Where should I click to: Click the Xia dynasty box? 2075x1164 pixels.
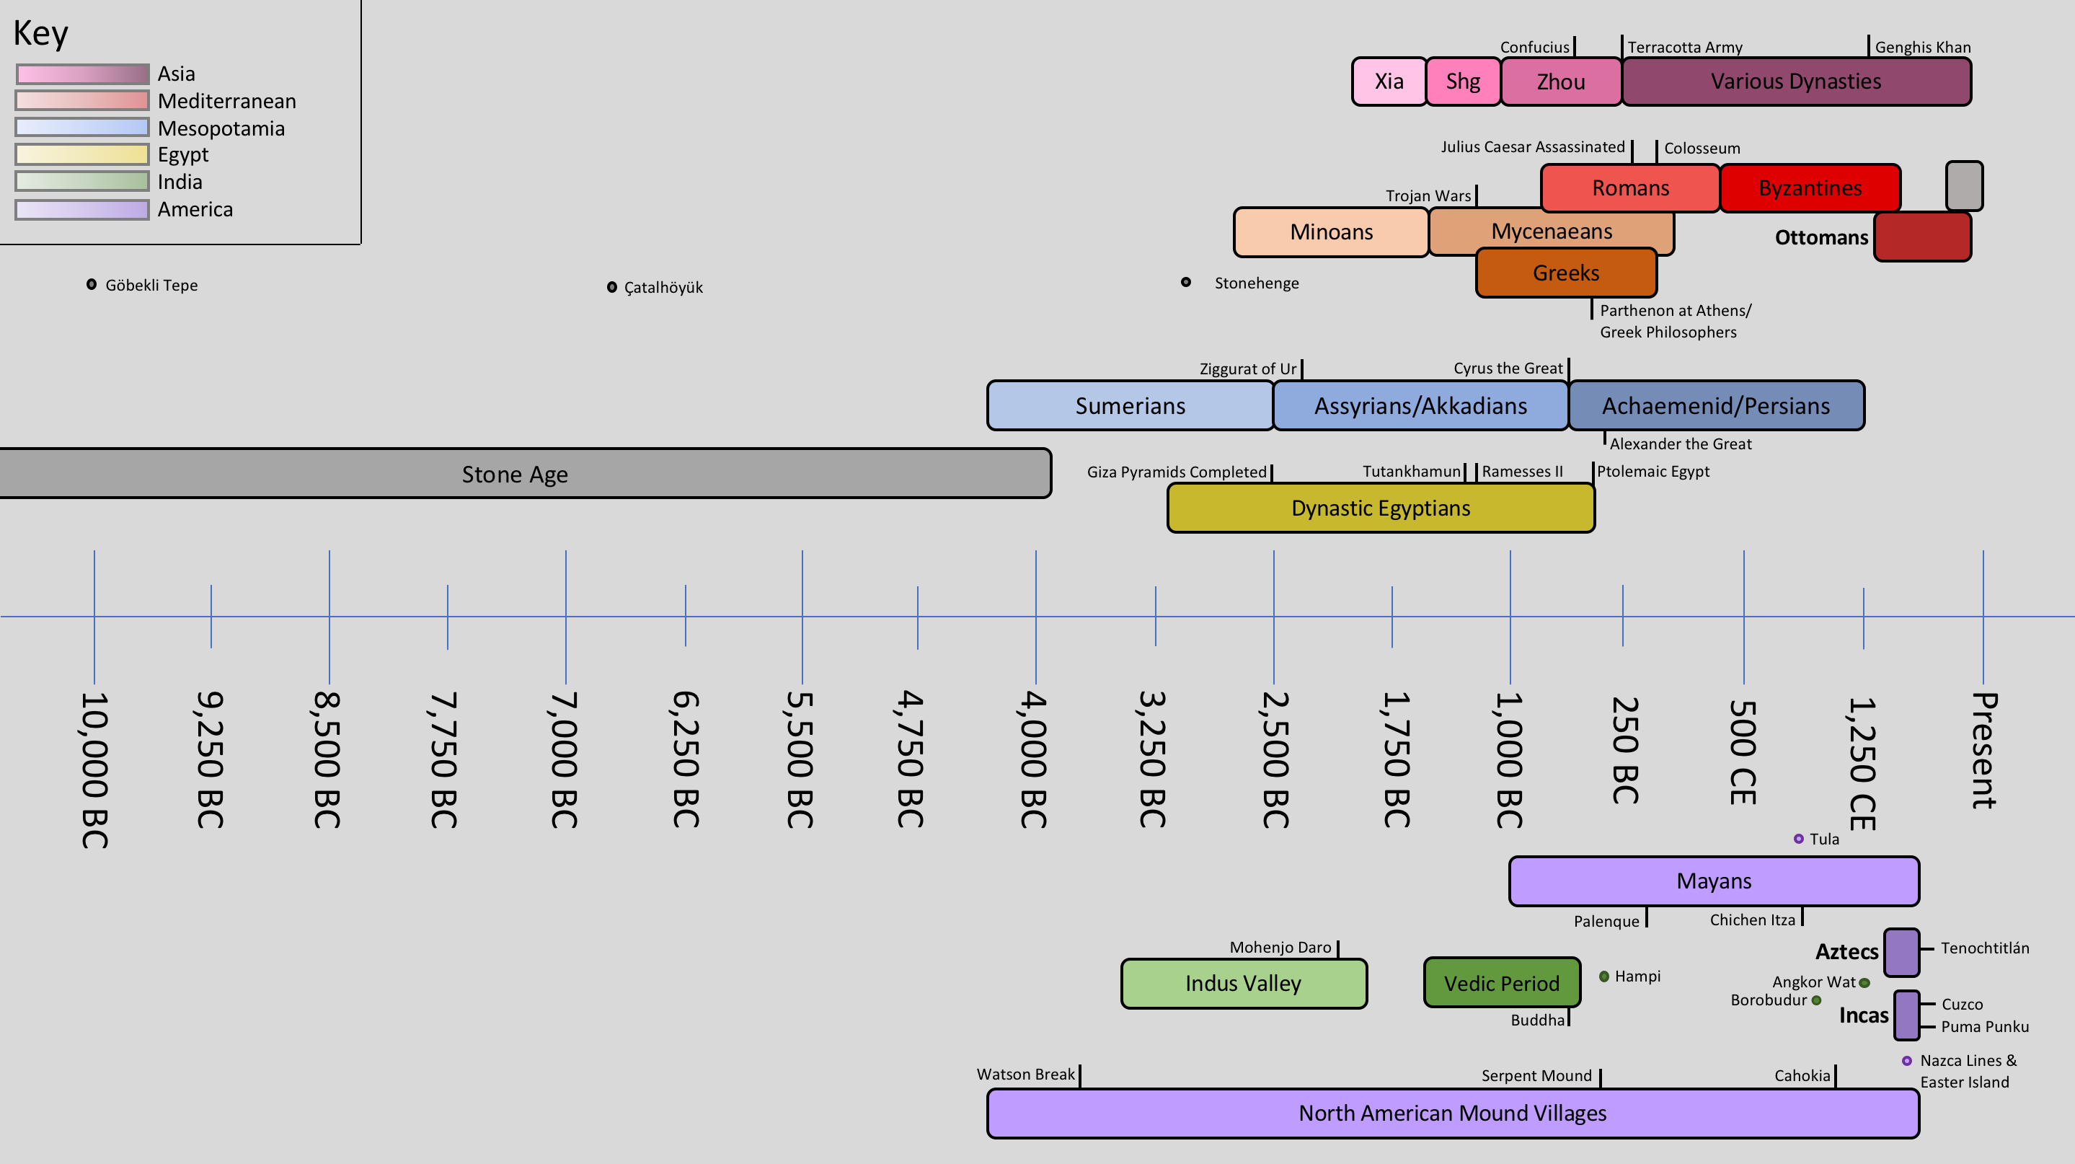tap(1389, 81)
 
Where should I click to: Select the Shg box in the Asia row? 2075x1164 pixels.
tap(1463, 81)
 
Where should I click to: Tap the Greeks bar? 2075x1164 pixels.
tap(1566, 273)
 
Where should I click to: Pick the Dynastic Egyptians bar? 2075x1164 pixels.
tap(1381, 508)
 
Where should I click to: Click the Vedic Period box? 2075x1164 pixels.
tap(1502, 983)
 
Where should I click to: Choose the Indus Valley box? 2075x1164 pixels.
tap(1243, 983)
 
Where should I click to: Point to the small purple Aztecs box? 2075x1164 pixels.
tap(1901, 952)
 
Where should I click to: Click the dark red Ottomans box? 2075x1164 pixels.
tap(1922, 237)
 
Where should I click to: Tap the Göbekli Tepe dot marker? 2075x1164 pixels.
tap(92, 284)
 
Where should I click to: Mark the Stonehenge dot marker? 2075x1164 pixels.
tap(1186, 282)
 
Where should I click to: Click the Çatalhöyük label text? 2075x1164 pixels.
tap(663, 288)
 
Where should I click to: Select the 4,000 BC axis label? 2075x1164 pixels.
tap(1033, 759)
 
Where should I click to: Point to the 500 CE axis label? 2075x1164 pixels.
tap(1743, 751)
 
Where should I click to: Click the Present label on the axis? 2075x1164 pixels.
tap(1983, 749)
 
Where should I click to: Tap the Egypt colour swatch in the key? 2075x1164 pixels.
tap(82, 154)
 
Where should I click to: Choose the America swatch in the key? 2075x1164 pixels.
tap(82, 209)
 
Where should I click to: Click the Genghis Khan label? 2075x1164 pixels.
tap(1923, 48)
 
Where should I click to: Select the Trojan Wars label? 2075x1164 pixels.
tap(1428, 195)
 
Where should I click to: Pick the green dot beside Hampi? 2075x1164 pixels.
tap(1603, 976)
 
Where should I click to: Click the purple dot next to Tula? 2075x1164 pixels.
tap(1799, 839)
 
